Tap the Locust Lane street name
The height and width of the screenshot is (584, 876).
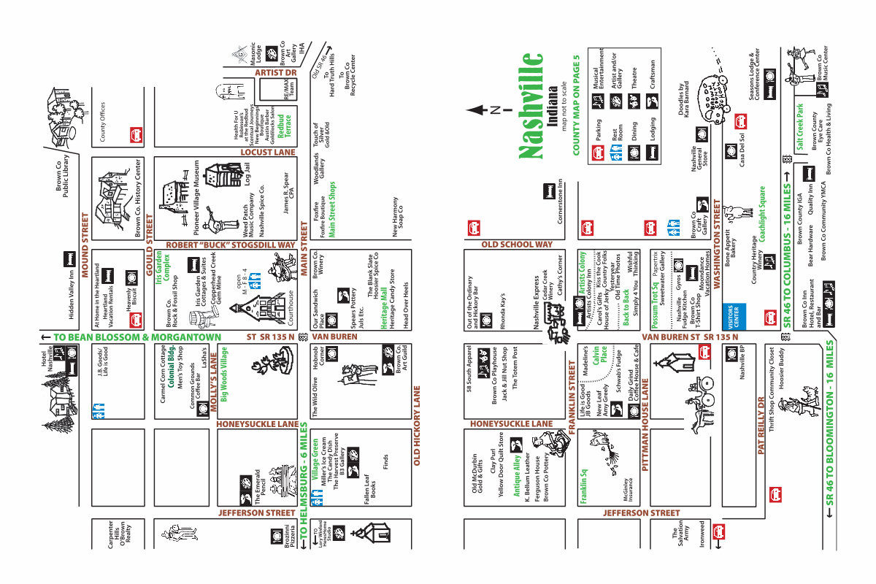(268, 153)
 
